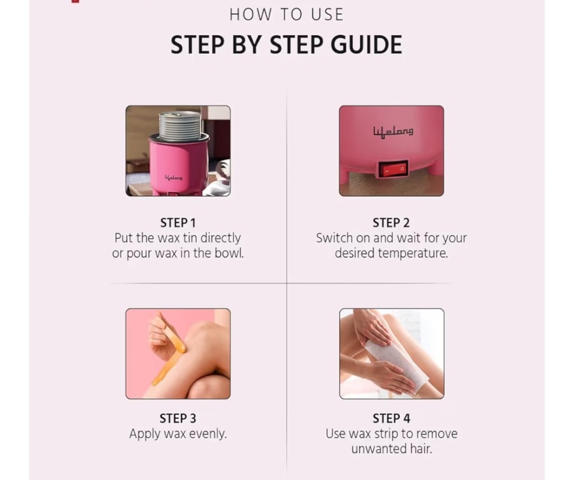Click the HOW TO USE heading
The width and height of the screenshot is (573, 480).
(286, 15)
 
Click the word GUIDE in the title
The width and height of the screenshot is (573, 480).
(366, 45)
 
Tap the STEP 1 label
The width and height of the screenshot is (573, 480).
(178, 223)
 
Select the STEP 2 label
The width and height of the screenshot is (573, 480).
(391, 223)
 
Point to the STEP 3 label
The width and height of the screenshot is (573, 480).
(178, 418)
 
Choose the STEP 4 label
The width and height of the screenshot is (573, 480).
(392, 418)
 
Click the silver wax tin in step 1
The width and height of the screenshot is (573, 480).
(180, 126)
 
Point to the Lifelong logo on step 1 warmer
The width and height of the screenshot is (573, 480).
(173, 178)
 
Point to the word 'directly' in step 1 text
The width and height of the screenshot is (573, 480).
(220, 238)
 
